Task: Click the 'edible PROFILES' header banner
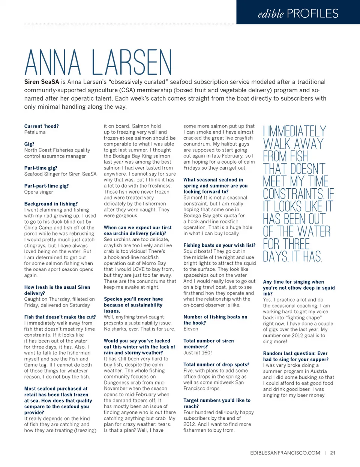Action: point(298,14)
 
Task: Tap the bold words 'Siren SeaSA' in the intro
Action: point(42,82)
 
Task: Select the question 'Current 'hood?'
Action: point(41,126)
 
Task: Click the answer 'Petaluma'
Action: point(35,132)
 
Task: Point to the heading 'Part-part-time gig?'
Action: point(46,186)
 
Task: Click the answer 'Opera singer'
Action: point(39,192)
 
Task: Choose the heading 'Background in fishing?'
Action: point(51,204)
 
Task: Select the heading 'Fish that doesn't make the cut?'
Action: point(60,317)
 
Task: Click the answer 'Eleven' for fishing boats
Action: point(190,329)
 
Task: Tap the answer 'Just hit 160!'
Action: point(197,353)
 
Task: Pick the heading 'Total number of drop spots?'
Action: point(216,365)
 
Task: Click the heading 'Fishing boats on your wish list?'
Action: point(219,245)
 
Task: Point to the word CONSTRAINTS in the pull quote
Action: point(293,194)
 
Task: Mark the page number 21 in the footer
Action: point(333,453)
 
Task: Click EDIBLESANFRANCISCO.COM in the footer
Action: point(285,453)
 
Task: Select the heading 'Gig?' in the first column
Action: point(29,144)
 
